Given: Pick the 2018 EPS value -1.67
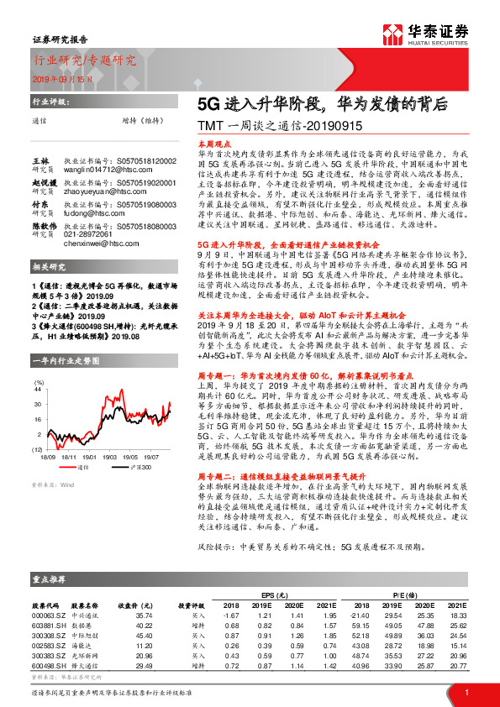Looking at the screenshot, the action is pos(230,617).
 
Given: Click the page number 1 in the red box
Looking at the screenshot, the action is pos(466,692).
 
